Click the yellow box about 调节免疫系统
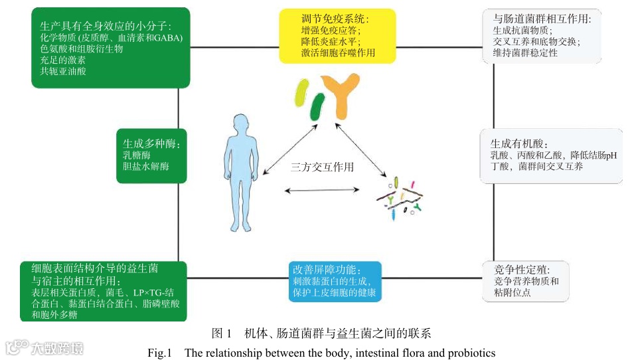click(x=337, y=35)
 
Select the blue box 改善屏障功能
click(x=335, y=282)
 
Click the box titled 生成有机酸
click(x=551, y=155)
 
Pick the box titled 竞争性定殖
click(x=526, y=281)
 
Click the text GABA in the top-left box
click(x=167, y=37)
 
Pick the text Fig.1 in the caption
click(x=159, y=352)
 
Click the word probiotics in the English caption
click(x=471, y=352)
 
